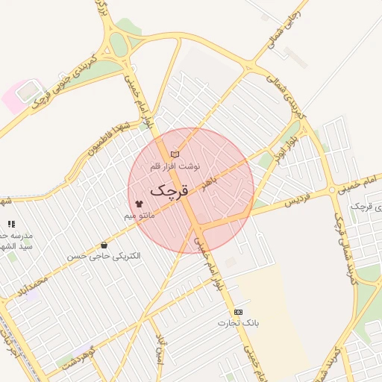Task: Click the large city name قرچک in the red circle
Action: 169,191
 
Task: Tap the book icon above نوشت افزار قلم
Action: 175,154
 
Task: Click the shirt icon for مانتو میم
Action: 139,203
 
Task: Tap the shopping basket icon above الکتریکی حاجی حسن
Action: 103,245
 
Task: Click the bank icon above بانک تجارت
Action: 238,312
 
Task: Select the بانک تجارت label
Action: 238,323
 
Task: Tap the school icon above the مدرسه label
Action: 10,224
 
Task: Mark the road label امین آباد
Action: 159,347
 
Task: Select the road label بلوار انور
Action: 294,148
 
